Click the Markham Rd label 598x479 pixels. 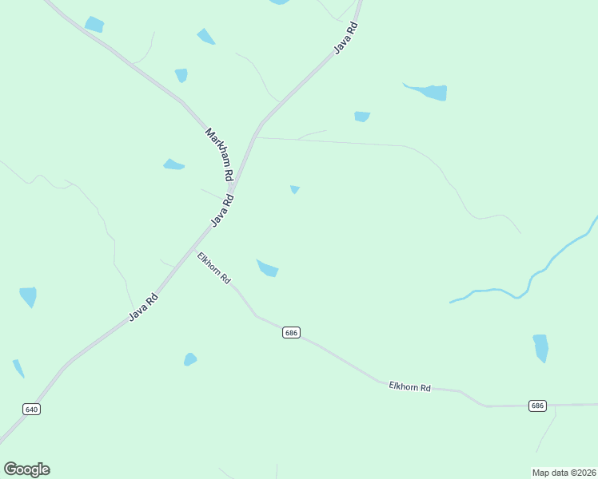click(x=218, y=153)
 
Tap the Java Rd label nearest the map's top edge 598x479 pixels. click(x=345, y=37)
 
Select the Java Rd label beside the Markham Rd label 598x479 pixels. click(x=222, y=211)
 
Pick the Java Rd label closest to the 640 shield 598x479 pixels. click(x=144, y=307)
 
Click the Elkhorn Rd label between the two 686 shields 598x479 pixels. click(x=409, y=386)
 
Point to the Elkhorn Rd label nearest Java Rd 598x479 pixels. click(x=213, y=268)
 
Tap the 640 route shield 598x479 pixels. click(x=31, y=409)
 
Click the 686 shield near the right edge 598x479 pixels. click(x=537, y=406)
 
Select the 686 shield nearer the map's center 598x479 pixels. click(x=291, y=332)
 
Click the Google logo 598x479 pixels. click(x=26, y=469)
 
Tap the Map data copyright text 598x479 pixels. click(x=564, y=472)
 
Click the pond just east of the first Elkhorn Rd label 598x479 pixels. click(x=267, y=268)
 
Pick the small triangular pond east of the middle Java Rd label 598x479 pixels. click(x=295, y=189)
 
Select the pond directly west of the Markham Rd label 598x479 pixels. click(x=173, y=165)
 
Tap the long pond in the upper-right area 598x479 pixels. click(x=429, y=91)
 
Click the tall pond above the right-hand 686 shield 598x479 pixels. click(x=540, y=348)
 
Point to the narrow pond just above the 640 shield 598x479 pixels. click(x=18, y=369)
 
